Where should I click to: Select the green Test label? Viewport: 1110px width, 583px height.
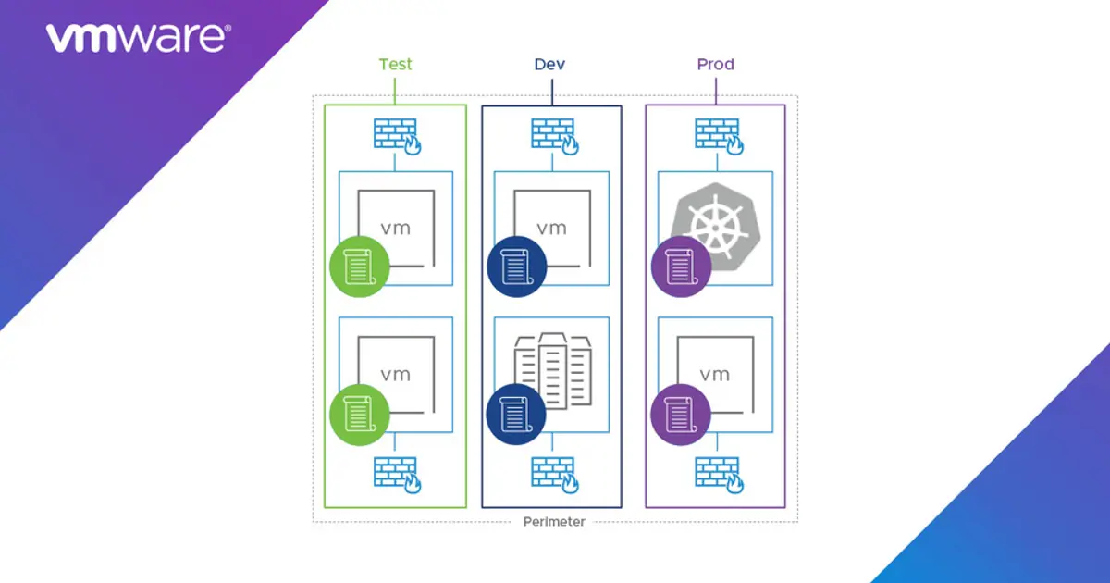pyautogui.click(x=395, y=65)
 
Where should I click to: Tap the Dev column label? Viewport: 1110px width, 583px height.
pyautogui.click(x=550, y=65)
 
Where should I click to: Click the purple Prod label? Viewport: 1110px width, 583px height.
pyautogui.click(x=715, y=65)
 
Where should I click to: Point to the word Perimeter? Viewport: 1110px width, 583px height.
pyautogui.click(x=554, y=522)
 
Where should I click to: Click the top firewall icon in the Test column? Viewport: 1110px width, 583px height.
pyautogui.click(x=397, y=135)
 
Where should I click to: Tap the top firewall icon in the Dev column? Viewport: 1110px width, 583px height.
pyautogui.click(x=553, y=135)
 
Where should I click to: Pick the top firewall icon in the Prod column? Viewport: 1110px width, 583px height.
pyautogui.click(x=717, y=135)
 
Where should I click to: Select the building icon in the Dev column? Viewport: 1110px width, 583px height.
pyautogui.click(x=552, y=368)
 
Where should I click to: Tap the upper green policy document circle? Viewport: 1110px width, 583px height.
pyautogui.click(x=359, y=267)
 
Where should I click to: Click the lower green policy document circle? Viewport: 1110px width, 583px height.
pyautogui.click(x=359, y=414)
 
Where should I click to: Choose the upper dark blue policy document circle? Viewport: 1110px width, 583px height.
pyautogui.click(x=515, y=267)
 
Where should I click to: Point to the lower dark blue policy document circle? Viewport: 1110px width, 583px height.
pyautogui.click(x=515, y=414)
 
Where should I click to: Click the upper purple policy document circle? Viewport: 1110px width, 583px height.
pyautogui.click(x=680, y=267)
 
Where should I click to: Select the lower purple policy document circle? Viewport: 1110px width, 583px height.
pyautogui.click(x=680, y=414)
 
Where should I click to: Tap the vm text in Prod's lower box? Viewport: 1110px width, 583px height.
pyautogui.click(x=715, y=374)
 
